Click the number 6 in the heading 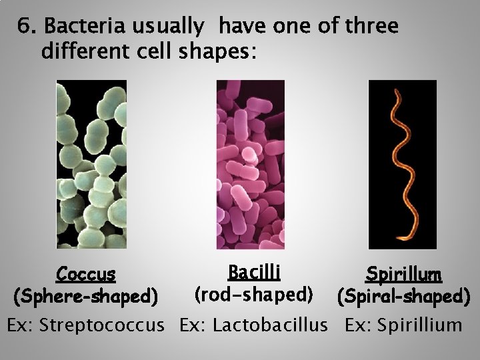point(24,27)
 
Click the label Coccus point(87,274)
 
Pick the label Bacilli point(253,273)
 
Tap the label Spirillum point(404,274)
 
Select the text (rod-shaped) point(253,293)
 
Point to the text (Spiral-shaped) point(404,295)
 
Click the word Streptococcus point(101,326)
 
